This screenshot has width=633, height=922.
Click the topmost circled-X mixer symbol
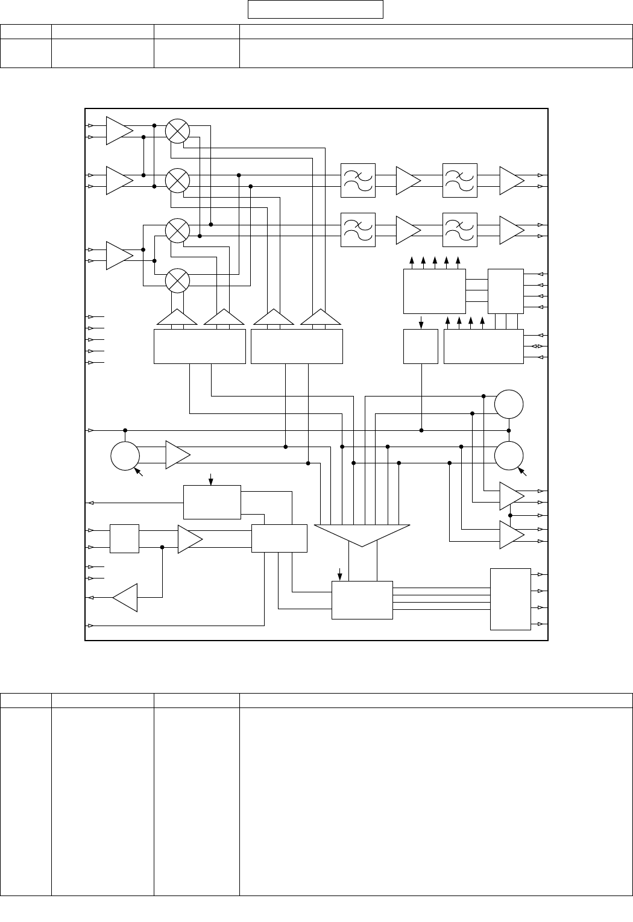click(x=177, y=131)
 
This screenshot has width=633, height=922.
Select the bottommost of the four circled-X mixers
click(x=177, y=280)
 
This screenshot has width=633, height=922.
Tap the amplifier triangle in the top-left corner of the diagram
click(x=119, y=131)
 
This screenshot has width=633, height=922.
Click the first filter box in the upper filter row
click(x=357, y=180)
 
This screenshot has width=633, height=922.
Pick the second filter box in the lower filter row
click(x=459, y=230)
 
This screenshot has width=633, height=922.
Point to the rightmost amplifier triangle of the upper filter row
click(x=511, y=180)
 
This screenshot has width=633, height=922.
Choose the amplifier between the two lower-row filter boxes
click(x=408, y=230)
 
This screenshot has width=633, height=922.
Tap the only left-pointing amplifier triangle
click(x=126, y=597)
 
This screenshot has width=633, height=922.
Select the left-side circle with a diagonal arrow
click(x=125, y=457)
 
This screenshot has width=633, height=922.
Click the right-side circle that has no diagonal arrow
click(x=509, y=404)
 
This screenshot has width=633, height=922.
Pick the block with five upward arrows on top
click(x=434, y=292)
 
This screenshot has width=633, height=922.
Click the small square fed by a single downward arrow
click(x=420, y=347)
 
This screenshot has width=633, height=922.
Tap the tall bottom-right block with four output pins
click(x=510, y=598)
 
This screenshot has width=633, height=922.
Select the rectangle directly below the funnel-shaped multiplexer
click(x=362, y=600)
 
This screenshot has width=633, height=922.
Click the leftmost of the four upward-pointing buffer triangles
click(x=177, y=318)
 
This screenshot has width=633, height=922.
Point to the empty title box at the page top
click(x=316, y=10)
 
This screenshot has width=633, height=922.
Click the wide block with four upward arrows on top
click(x=483, y=347)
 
